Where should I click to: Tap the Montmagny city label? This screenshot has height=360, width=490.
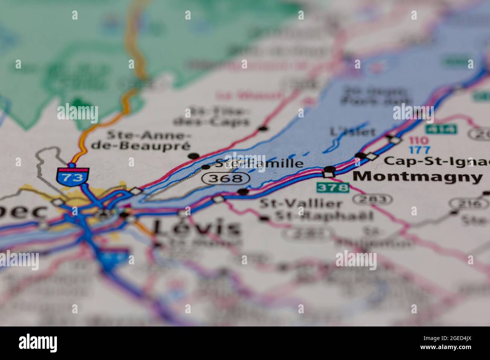point(418,176)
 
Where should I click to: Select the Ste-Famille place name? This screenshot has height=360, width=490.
point(259,163)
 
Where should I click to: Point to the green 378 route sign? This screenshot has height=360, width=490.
point(332,187)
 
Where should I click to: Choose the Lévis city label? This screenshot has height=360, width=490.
point(196,228)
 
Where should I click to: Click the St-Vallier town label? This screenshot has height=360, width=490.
point(301,204)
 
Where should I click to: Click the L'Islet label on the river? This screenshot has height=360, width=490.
point(352,132)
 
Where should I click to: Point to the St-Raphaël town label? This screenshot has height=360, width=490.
point(324,216)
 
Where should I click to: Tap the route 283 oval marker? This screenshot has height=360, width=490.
point(369,199)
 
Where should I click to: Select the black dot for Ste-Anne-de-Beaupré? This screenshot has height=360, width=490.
point(194,156)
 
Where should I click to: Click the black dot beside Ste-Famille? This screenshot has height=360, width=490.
point(206,167)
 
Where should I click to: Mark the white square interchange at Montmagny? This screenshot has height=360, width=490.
point(329,174)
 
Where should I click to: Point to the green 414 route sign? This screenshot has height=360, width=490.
point(441,129)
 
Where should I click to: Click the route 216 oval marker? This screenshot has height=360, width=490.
point(468,204)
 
